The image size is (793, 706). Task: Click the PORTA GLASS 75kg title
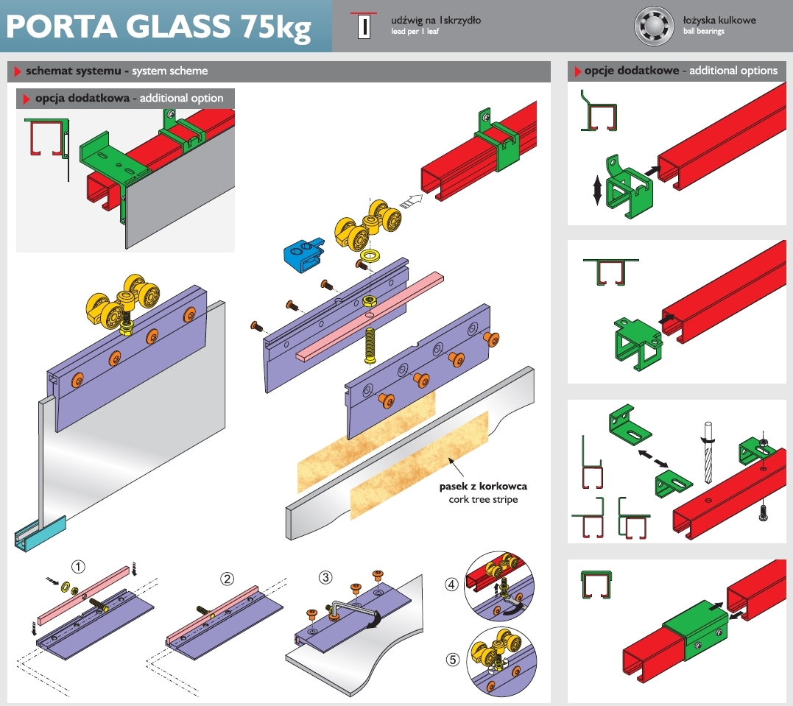coord(158,27)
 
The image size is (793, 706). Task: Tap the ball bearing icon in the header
coord(654,26)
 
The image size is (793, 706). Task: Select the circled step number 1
coord(78,567)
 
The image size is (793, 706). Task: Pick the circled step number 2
coord(227,579)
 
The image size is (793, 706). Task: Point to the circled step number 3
coord(325,578)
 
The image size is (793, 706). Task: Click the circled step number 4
coord(451,585)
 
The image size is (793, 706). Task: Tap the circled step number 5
coord(453,660)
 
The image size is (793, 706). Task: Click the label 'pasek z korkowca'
coord(483,486)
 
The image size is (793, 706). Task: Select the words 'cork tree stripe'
coord(483,499)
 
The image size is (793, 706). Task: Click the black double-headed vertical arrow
coord(596,190)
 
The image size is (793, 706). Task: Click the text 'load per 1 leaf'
coord(415,32)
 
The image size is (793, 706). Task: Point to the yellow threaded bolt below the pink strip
coord(370,345)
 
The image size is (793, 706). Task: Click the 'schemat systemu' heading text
coord(74,71)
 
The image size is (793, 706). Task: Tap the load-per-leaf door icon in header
coord(364,26)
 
